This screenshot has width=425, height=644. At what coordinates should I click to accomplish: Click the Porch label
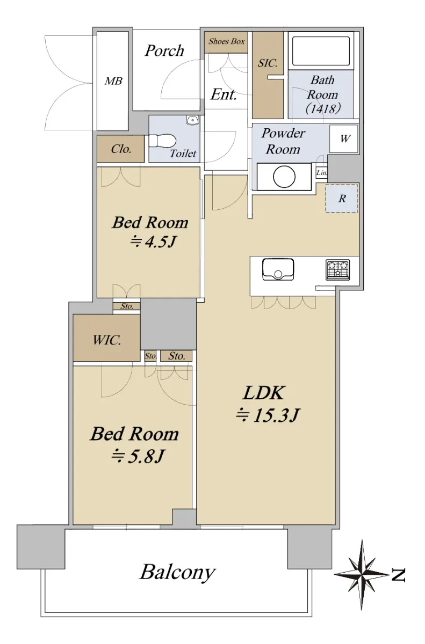(164, 51)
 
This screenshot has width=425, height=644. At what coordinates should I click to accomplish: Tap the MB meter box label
(113, 81)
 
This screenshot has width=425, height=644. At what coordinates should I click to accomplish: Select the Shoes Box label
(226, 41)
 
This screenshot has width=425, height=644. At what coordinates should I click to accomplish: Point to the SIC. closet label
(268, 63)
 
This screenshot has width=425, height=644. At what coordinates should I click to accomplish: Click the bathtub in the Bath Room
(321, 51)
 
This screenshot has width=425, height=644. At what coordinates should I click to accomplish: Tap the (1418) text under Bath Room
(323, 108)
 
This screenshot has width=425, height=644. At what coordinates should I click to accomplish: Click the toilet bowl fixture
(162, 141)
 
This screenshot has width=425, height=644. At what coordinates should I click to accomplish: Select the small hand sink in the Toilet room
(192, 120)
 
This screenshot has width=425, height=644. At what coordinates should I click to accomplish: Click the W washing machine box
(344, 139)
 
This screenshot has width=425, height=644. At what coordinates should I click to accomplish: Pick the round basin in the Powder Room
(284, 177)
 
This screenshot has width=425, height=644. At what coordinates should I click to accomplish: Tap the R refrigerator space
(342, 199)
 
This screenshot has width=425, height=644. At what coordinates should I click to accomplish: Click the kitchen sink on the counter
(278, 269)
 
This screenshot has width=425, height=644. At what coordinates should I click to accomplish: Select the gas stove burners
(338, 269)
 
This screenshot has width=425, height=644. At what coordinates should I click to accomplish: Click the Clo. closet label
(121, 149)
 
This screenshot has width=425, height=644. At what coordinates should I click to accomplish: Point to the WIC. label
(107, 340)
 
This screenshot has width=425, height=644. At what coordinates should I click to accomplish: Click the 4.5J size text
(153, 242)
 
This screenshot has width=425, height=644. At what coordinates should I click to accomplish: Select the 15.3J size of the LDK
(268, 415)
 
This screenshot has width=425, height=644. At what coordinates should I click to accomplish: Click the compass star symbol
(362, 575)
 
